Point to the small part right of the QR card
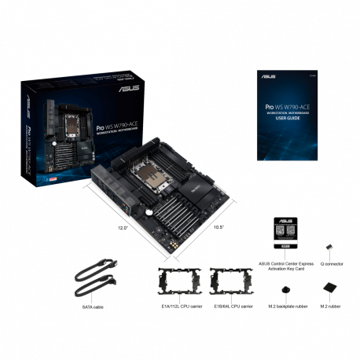coord(328,248)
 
